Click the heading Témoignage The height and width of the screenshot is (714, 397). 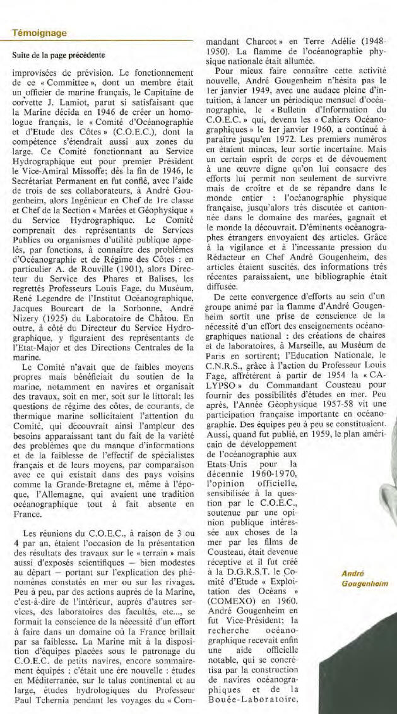40,33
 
